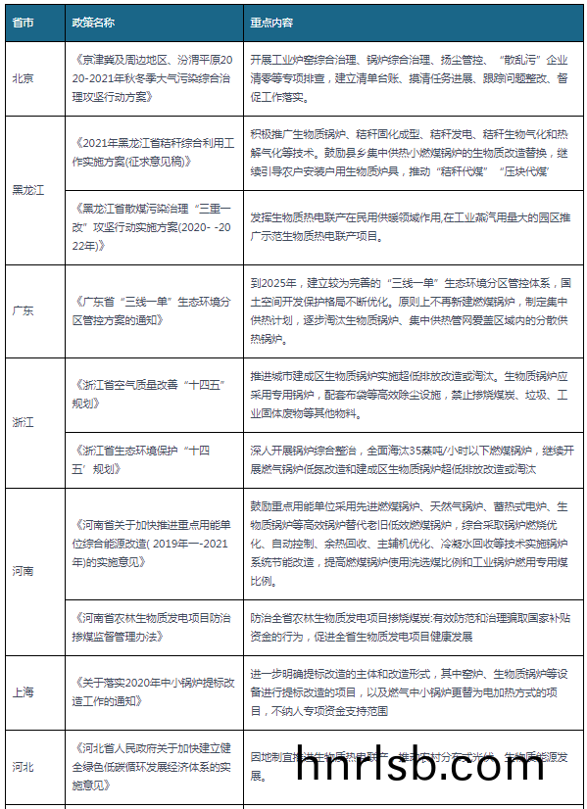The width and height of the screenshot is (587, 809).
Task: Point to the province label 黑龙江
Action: pos(27,190)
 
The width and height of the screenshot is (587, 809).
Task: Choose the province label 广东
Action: pos(23,310)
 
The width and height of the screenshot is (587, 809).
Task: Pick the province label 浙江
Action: pos(23,422)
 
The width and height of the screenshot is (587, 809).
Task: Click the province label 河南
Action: pos(23,570)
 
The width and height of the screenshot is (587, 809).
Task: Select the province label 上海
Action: pos(23,692)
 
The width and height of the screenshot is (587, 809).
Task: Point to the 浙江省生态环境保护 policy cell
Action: pos(147,458)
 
